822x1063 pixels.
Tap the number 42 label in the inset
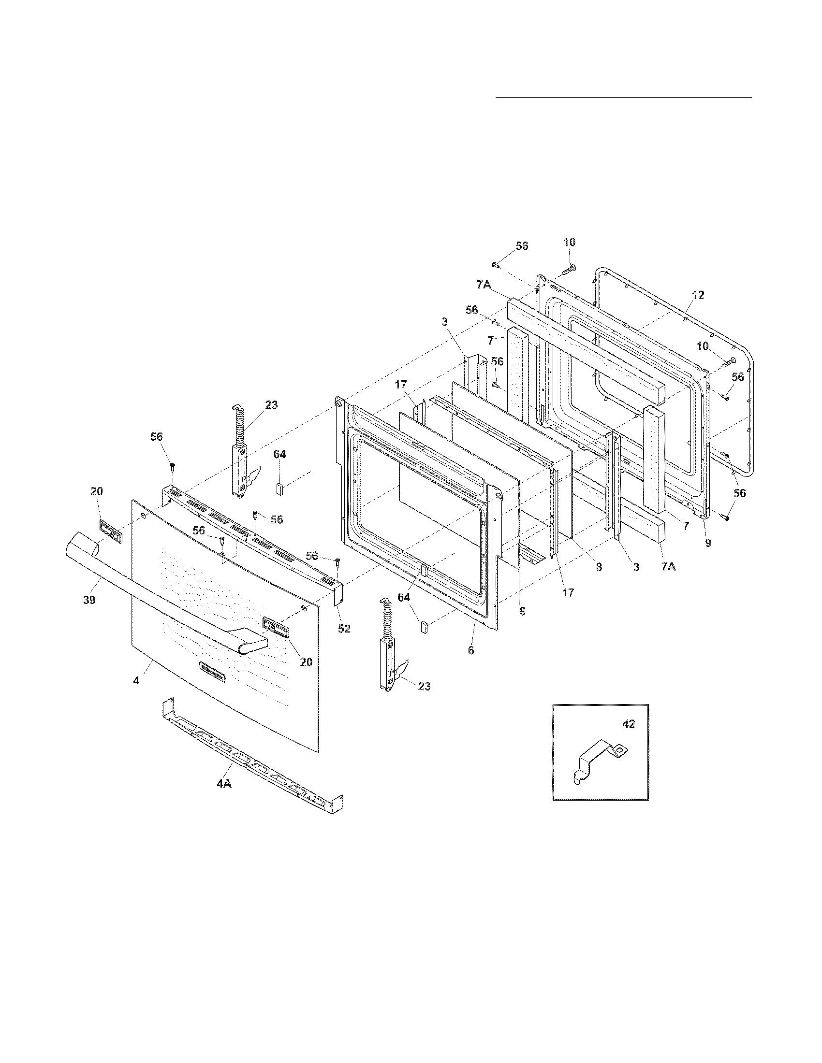[x=629, y=725]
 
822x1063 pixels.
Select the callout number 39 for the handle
[x=89, y=600]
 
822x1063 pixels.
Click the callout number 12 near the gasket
[x=698, y=295]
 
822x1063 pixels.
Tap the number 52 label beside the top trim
[x=344, y=628]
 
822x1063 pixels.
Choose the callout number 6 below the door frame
[x=470, y=650]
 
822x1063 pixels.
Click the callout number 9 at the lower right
[x=708, y=542]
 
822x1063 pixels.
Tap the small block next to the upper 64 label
[x=280, y=488]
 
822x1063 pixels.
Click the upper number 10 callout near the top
[x=569, y=243]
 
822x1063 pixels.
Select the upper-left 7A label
[x=484, y=285]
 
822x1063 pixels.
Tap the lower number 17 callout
[x=568, y=592]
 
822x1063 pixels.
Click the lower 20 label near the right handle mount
[x=306, y=662]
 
